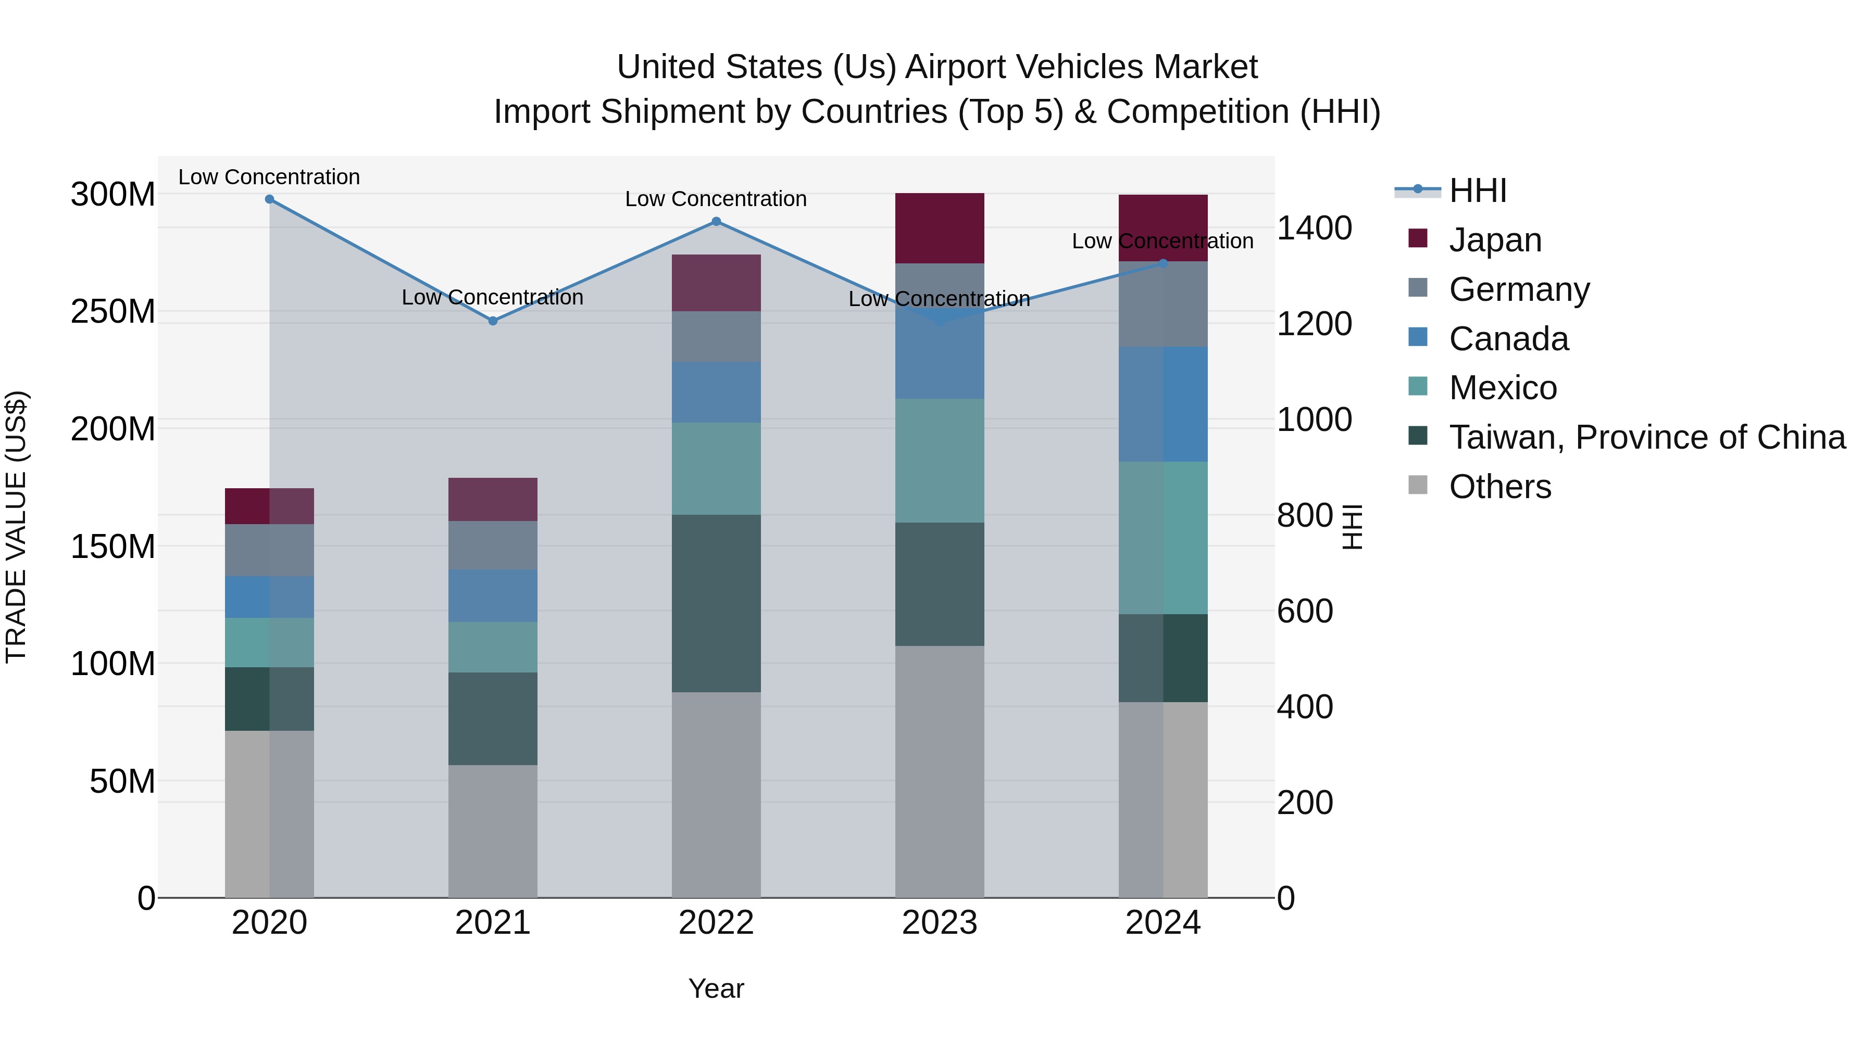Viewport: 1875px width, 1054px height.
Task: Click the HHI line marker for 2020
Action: tap(269, 199)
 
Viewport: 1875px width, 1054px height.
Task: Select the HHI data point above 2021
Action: tap(493, 321)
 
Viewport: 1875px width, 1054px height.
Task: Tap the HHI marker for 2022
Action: tap(716, 221)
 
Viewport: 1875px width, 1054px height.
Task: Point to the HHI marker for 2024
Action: tap(1163, 263)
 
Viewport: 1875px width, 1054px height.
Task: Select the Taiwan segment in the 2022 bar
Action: tap(716, 603)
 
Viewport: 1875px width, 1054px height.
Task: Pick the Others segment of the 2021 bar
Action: tap(493, 831)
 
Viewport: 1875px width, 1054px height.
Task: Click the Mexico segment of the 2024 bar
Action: tap(1163, 538)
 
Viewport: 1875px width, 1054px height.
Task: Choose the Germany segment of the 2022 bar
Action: tap(716, 336)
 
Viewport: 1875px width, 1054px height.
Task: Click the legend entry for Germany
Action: tap(1519, 289)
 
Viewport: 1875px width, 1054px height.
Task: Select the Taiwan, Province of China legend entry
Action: tap(1646, 437)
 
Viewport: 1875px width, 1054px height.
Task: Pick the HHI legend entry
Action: tap(1478, 191)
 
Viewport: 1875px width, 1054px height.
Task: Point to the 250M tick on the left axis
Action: tap(113, 311)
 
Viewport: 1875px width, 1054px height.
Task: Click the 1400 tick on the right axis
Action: tap(1315, 227)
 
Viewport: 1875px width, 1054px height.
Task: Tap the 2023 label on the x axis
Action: tap(940, 923)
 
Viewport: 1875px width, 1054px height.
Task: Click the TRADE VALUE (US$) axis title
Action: tap(16, 527)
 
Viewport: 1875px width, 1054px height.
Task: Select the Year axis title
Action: tap(716, 988)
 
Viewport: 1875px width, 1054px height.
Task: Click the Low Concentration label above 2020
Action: tap(269, 177)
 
